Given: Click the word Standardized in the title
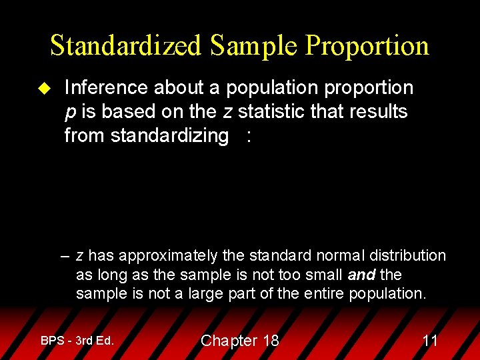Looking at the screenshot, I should point(125,45).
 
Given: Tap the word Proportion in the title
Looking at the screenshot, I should point(367,45).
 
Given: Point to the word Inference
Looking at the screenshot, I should point(106,87).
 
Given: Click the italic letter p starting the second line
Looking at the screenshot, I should point(69,113).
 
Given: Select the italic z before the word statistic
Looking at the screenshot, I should point(227,111).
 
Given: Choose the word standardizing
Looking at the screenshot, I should point(169,135).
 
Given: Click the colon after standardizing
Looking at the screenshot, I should point(249,136).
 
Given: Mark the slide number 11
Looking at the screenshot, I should point(430,341).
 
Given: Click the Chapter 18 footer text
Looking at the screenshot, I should point(239,341).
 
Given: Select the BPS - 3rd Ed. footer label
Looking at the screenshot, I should point(77,341).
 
